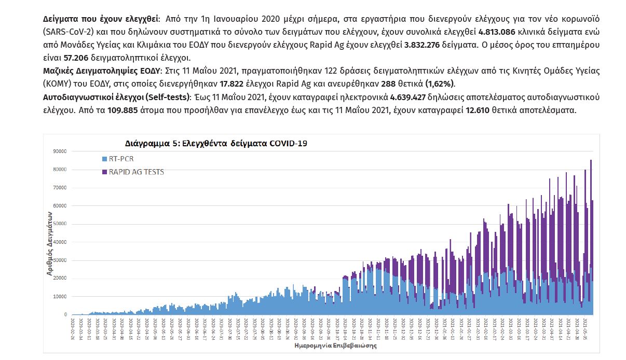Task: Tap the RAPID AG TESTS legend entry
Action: pos(136,172)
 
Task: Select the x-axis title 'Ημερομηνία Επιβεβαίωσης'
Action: pos(335,344)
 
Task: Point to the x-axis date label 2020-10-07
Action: pos(336,328)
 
